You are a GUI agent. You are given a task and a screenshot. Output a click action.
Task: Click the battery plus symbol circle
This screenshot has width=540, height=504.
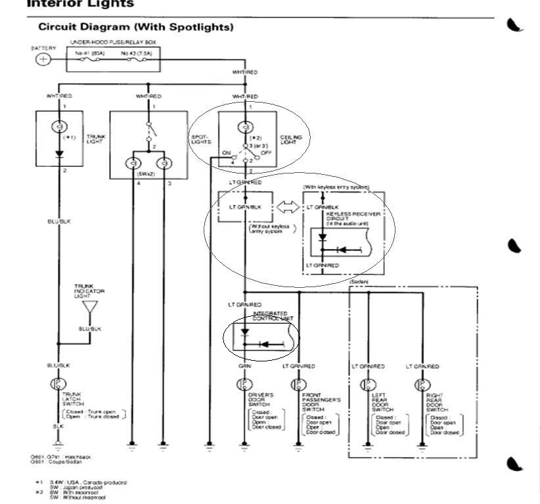pyautogui.click(x=43, y=60)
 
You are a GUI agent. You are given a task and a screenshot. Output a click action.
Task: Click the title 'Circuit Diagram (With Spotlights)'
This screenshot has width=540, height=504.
pyautogui.click(x=135, y=27)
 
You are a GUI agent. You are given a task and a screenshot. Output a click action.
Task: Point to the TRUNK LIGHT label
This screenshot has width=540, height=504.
pyautogui.click(x=96, y=139)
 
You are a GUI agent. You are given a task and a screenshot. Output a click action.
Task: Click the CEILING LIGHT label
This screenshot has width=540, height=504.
pyautogui.click(x=291, y=139)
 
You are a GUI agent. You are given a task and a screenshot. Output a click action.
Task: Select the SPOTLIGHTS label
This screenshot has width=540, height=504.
pyautogui.click(x=200, y=139)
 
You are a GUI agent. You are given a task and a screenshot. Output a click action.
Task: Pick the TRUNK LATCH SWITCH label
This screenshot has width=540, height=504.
pyautogui.click(x=72, y=398)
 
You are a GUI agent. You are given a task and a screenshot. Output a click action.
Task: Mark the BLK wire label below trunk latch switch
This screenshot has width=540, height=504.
pyautogui.click(x=59, y=426)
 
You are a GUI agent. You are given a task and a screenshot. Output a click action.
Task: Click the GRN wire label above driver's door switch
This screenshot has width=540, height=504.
pyautogui.click(x=244, y=366)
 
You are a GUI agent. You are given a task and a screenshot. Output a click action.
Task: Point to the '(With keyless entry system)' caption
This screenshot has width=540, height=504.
pyautogui.click(x=336, y=187)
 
